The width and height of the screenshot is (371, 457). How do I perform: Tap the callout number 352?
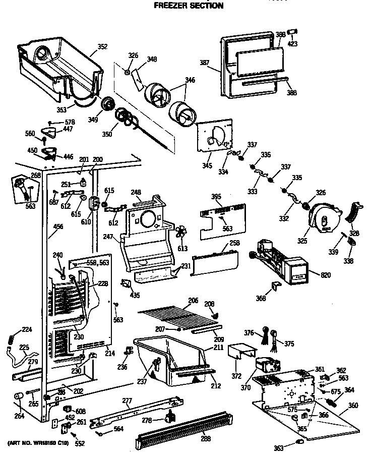pyautogui.click(x=102, y=47)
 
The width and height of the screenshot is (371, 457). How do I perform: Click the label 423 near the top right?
pyautogui.click(x=292, y=44)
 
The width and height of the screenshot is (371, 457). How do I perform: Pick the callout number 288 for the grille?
pyautogui.click(x=206, y=438)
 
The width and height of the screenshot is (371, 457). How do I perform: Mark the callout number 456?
pyautogui.click(x=58, y=226)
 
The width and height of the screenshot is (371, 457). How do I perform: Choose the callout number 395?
pyautogui.click(x=216, y=196)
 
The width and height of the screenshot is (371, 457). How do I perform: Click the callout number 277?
pyautogui.click(x=127, y=401)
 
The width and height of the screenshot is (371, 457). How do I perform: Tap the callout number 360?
pyautogui.click(x=353, y=405)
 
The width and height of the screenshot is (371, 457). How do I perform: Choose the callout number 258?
pyautogui.click(x=234, y=243)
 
